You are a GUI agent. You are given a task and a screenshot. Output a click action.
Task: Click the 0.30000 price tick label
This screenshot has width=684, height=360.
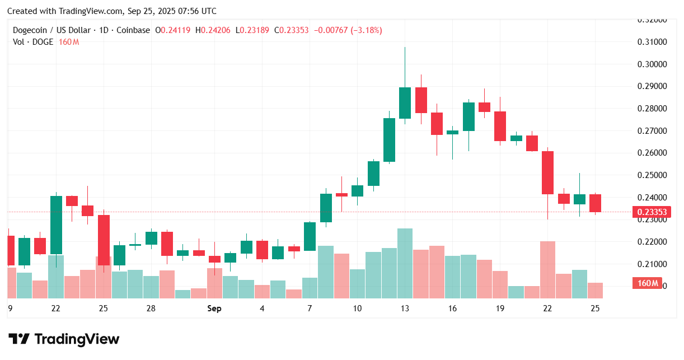652,64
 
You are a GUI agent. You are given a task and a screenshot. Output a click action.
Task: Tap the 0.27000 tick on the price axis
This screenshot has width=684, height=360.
652,130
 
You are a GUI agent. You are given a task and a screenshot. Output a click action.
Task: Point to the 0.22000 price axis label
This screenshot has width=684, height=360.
652,241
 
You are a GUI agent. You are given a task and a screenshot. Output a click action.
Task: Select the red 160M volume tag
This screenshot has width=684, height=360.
648,283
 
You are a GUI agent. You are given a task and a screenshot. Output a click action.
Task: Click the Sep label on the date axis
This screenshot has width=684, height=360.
214,308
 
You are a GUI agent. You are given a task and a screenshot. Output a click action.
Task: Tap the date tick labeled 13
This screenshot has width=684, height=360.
405,308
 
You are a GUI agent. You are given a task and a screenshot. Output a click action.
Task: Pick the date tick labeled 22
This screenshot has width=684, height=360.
547,308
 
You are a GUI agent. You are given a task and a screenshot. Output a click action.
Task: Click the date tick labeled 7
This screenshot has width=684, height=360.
310,308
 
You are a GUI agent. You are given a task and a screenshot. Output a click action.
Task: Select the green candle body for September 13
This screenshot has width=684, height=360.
405,102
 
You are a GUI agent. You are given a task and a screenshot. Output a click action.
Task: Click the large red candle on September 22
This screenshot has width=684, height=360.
547,172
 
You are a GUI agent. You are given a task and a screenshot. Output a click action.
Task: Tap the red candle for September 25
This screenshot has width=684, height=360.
595,203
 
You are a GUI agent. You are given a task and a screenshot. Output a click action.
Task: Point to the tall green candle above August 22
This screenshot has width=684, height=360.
56,225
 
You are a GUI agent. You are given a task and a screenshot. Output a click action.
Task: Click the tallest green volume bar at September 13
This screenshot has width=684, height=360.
405,263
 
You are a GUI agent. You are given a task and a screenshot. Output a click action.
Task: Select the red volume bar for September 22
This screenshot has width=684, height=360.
547,269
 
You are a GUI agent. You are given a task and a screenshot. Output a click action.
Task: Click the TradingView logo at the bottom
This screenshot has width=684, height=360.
64,339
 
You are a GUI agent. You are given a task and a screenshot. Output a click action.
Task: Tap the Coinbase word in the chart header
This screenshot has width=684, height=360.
133,30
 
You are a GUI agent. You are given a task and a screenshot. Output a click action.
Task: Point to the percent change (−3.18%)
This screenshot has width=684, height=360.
366,30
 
